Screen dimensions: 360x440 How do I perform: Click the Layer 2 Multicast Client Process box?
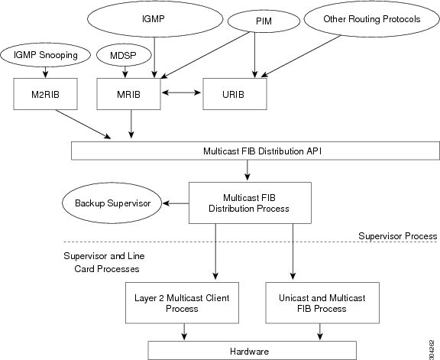(x=182, y=302)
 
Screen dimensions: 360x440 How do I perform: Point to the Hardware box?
(x=244, y=349)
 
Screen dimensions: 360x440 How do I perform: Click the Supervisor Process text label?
(x=397, y=236)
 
